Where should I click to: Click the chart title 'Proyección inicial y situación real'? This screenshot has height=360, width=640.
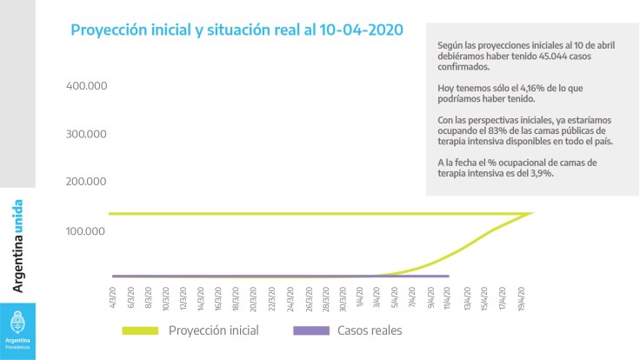pos(236,30)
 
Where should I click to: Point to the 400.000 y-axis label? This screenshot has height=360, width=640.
pos(86,86)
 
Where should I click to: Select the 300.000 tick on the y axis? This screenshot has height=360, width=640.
pos(86,134)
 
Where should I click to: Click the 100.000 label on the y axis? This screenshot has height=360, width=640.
pos(86,231)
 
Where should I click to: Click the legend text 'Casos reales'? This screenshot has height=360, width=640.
pos(369,330)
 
